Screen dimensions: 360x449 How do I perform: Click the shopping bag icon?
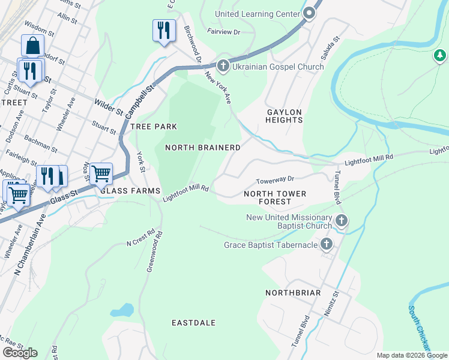click(32, 46)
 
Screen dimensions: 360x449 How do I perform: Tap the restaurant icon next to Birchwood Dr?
click(164, 29)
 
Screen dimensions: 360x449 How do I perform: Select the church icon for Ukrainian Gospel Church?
click(223, 65)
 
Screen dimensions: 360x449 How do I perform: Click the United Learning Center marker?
click(310, 13)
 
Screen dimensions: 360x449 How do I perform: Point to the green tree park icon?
click(440, 56)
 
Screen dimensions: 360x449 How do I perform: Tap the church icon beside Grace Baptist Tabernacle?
click(327, 244)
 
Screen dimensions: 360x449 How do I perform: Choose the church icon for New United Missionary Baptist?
click(341, 220)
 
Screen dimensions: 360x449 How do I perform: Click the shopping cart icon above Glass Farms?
click(101, 173)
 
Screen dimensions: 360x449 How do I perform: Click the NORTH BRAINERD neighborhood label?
click(203, 148)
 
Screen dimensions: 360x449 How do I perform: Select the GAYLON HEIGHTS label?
click(284, 116)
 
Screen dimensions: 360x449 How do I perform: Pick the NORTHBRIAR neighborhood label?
click(293, 293)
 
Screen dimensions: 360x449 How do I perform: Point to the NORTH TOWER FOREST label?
click(275, 197)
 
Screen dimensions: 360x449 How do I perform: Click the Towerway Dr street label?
click(275, 179)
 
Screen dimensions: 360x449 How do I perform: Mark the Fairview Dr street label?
click(223, 31)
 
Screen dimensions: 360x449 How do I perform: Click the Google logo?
click(20, 352)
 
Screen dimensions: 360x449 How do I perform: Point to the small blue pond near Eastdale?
click(122, 310)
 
